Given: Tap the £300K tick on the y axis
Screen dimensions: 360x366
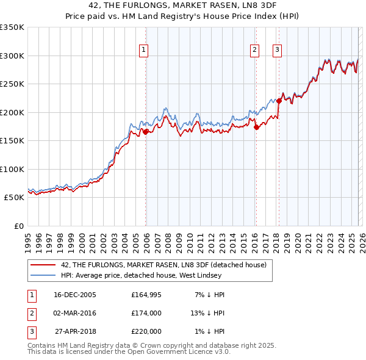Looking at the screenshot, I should [12, 56].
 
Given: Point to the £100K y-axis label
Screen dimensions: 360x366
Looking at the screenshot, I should [12, 169].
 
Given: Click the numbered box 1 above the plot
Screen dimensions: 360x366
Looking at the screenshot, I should [144, 50].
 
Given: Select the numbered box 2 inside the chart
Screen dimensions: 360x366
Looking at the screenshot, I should [254, 50].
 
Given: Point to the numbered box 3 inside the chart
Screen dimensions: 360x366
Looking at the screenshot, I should [277, 50].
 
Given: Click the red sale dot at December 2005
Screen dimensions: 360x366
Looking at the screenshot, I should [146, 132].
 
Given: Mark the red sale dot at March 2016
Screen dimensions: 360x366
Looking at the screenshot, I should [256, 127].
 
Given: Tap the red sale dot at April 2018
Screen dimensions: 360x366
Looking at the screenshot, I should [279, 101].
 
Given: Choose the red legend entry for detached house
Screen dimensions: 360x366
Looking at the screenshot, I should [163, 265].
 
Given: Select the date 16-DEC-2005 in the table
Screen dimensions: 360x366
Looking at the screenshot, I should [75, 295].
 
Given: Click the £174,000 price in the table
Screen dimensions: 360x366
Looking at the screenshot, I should [146, 313].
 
